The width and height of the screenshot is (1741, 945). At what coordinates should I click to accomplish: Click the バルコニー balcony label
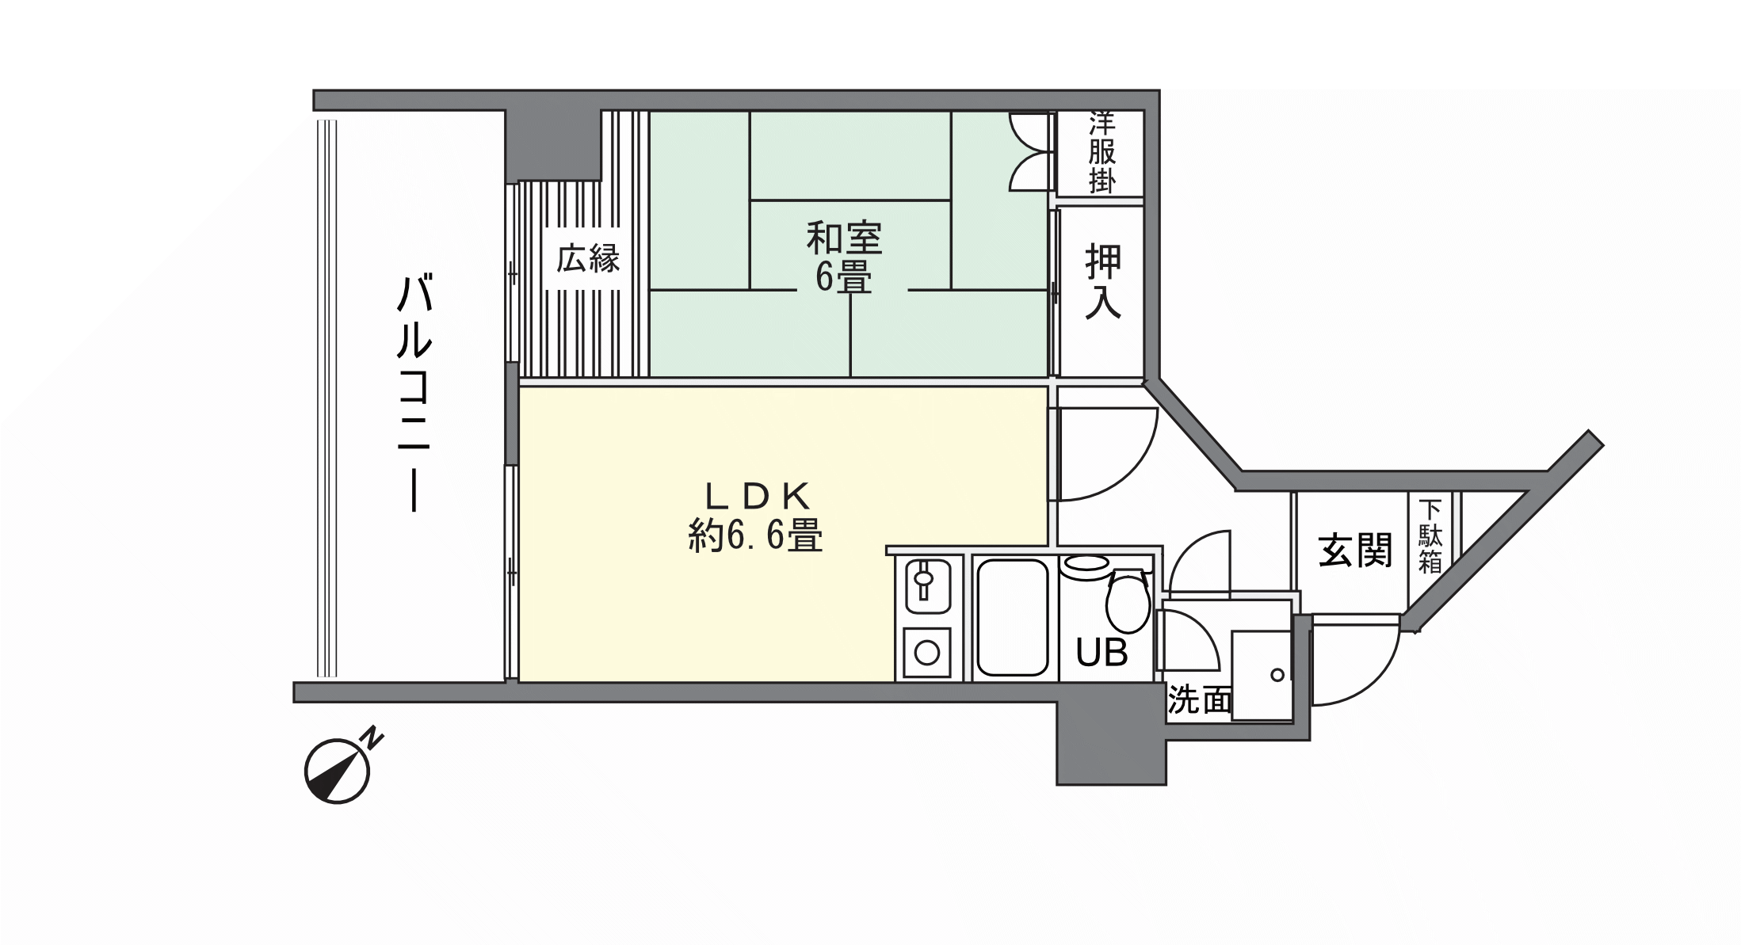[x=414, y=393]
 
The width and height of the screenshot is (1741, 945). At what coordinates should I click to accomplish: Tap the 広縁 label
[x=587, y=259]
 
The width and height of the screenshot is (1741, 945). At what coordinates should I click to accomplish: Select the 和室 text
[x=845, y=238]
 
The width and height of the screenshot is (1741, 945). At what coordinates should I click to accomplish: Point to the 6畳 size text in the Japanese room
[x=844, y=277]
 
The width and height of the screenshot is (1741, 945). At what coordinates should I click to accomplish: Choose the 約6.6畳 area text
[x=756, y=536]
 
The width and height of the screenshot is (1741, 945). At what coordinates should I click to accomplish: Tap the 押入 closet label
[x=1103, y=282]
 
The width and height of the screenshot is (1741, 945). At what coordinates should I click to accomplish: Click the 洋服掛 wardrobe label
[x=1101, y=152]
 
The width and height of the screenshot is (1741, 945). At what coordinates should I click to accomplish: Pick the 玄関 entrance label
[x=1355, y=550]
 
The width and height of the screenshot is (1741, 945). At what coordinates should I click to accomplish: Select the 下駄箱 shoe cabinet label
[x=1430, y=536]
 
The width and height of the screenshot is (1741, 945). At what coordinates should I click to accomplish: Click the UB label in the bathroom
[x=1101, y=653]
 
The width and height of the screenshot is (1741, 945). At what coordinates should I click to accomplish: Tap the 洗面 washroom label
[x=1200, y=700]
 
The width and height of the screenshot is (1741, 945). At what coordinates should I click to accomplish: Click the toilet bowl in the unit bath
[x=1128, y=602]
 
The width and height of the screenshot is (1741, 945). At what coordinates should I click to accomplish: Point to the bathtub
[x=1014, y=618]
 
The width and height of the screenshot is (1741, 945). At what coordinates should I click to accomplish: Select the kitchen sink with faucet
[x=927, y=586]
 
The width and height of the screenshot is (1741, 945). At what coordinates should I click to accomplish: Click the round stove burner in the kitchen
[x=927, y=653]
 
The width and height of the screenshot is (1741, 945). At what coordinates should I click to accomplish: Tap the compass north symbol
[x=338, y=772]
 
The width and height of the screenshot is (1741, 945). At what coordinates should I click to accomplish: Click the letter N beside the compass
[x=372, y=737]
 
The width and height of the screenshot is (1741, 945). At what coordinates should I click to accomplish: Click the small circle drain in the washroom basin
[x=1277, y=676]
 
